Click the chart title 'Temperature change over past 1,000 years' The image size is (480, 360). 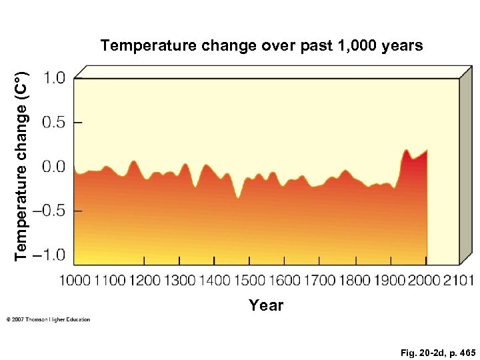[261, 46]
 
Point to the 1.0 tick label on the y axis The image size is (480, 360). [54, 79]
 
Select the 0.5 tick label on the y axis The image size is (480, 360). [54, 123]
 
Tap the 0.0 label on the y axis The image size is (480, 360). [54, 167]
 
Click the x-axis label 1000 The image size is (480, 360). [75, 281]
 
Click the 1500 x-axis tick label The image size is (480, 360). [249, 281]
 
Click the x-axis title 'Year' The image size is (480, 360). [266, 305]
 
